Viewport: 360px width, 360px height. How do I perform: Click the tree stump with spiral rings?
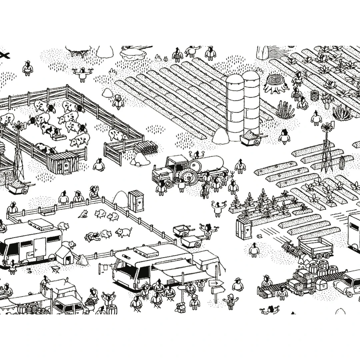[276, 83]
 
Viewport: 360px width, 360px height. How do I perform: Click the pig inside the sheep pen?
[124, 232]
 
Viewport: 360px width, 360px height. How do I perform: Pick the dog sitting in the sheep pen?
[83, 214]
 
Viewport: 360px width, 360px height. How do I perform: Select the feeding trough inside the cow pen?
[59, 137]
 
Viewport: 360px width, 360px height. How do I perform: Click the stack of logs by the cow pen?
[146, 147]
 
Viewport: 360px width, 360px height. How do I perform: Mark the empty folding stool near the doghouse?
[55, 269]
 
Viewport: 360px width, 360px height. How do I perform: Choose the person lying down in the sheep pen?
[92, 236]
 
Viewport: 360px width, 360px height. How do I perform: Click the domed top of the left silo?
[235, 79]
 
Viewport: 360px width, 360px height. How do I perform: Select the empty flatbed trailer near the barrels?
[315, 247]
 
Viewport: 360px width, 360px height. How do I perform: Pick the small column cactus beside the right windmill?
[341, 163]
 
